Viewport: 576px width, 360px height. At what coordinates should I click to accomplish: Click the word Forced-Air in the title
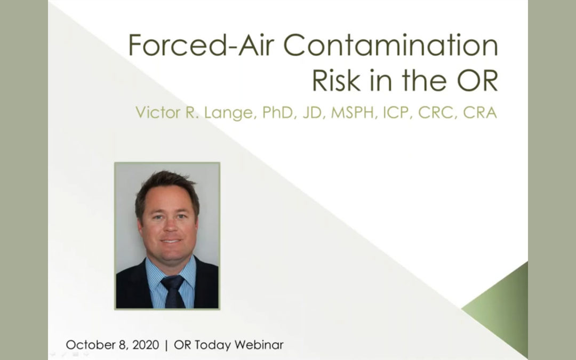[x=204, y=46]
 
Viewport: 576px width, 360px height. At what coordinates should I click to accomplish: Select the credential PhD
[x=279, y=114]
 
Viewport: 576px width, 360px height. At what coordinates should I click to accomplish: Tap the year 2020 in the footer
[x=144, y=345]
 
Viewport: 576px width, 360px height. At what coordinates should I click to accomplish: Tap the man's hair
[x=167, y=185]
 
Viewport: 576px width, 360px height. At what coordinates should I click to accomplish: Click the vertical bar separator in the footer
[x=166, y=345]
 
